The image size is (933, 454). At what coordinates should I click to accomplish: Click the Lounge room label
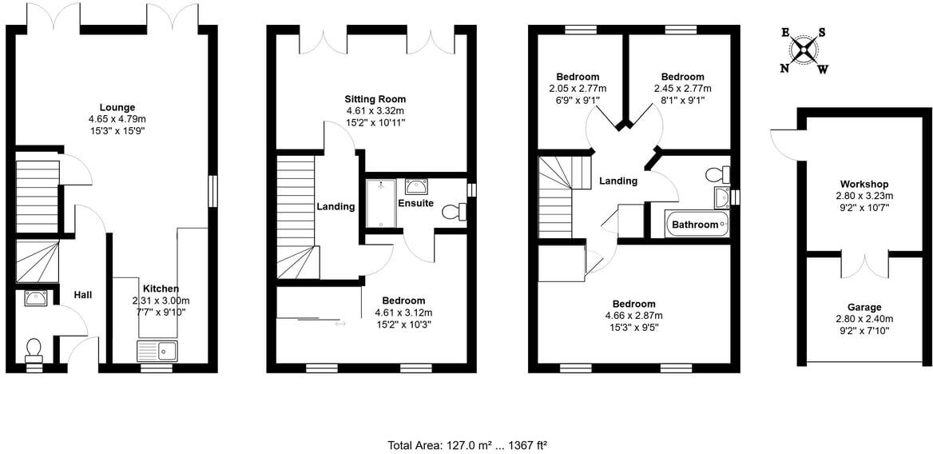click(117, 107)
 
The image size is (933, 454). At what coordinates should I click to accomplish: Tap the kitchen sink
click(157, 350)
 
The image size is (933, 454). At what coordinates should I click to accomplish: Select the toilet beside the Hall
click(34, 350)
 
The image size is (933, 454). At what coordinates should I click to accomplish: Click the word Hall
click(83, 295)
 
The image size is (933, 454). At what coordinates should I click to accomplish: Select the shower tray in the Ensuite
click(381, 203)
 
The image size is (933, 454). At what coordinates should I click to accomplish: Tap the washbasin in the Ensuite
click(415, 187)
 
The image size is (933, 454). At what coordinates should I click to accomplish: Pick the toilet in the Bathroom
click(718, 173)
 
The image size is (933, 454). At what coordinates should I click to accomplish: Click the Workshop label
click(864, 185)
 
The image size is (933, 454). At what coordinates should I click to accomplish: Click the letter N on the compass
click(784, 69)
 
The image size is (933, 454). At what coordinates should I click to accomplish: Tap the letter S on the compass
click(822, 33)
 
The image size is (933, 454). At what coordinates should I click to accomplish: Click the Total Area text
click(466, 444)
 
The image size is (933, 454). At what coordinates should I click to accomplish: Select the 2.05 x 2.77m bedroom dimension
click(578, 89)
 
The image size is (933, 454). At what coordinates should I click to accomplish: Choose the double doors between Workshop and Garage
click(865, 265)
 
